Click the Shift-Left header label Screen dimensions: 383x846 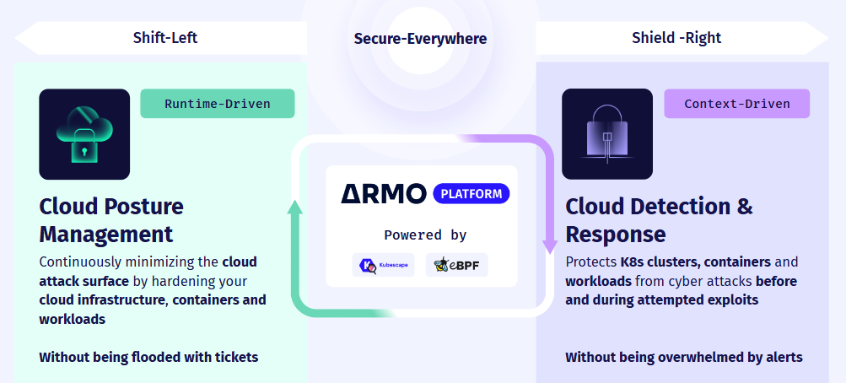165,38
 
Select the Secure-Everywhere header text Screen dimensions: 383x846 420,39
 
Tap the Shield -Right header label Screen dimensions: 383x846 676,38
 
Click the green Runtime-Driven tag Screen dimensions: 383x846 218,104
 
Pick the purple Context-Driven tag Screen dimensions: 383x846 737,104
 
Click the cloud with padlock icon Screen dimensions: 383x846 84,134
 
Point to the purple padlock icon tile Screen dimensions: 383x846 607,134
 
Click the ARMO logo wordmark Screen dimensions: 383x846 384,194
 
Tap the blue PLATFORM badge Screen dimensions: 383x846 471,194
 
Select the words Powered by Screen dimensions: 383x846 425,235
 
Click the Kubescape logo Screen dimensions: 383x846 385,265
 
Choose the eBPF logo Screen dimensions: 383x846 456,265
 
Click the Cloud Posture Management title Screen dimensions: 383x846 110,219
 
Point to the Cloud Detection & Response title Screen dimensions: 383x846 659,219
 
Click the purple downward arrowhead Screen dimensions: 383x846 549,245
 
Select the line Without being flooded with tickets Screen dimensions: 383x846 148,357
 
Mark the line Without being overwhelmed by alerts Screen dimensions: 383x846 684,357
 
